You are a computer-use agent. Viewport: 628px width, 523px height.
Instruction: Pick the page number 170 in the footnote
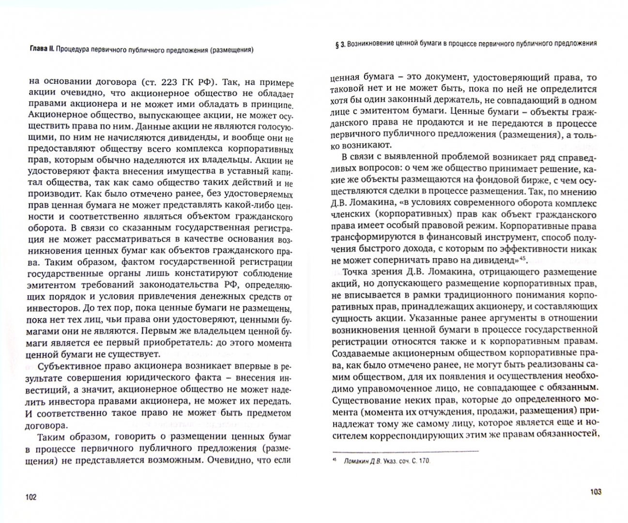coord(423,461)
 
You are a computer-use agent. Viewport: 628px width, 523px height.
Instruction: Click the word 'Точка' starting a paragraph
coord(354,273)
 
